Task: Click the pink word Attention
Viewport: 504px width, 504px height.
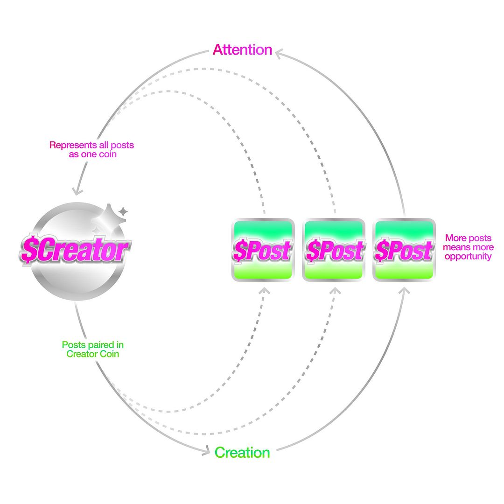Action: coord(242,50)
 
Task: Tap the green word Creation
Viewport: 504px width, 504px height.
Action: coord(242,453)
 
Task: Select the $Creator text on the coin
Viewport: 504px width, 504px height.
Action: coord(75,249)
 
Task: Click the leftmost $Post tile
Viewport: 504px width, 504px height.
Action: coord(263,250)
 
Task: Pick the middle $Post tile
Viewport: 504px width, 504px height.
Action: coord(334,250)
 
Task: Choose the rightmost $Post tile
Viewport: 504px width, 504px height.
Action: coord(404,250)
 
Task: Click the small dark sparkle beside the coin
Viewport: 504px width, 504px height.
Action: coord(123,211)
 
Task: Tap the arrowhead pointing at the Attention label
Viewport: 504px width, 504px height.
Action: coord(279,54)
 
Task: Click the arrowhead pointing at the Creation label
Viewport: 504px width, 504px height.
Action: coord(206,450)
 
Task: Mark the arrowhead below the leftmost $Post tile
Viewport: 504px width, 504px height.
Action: coord(265,291)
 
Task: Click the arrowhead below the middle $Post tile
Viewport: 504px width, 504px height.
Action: coord(335,291)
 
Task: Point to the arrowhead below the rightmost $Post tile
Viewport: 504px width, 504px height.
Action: coord(405,291)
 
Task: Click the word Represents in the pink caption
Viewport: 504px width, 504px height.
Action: coord(73,145)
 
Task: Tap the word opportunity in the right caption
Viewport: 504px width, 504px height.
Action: coord(468,257)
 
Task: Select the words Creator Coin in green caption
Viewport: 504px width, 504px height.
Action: coord(92,354)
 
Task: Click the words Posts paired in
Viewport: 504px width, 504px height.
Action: coord(92,345)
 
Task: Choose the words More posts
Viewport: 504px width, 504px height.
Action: coord(469,238)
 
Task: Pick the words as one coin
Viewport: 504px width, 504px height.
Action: coord(92,154)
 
